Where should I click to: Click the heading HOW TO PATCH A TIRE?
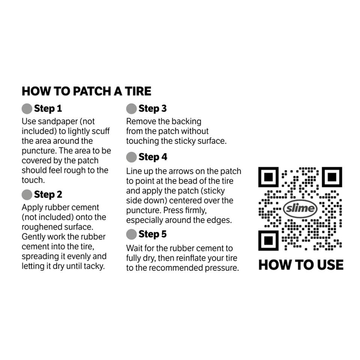pos(86,91)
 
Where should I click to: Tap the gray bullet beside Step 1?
pos(27,109)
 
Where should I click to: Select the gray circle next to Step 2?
pos(27,195)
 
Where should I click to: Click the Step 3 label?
pos(152,109)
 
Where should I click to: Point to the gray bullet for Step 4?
pos(131,157)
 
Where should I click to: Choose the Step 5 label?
pos(152,234)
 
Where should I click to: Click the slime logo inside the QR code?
pos(300,209)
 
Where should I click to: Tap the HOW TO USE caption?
pos(301,265)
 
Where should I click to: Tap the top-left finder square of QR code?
pos(268,177)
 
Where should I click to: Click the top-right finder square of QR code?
pos(332,177)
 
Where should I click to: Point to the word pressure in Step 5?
pos(221,268)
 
